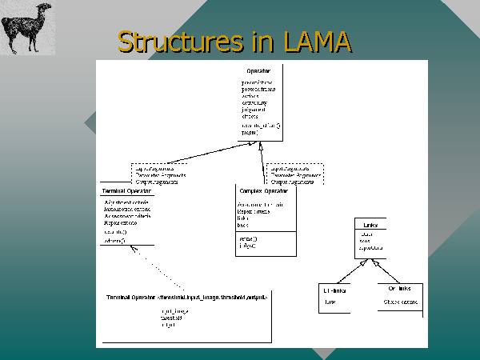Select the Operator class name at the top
point(258,72)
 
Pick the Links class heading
point(370,225)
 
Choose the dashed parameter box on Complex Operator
point(295,175)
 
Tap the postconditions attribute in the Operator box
point(258,89)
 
